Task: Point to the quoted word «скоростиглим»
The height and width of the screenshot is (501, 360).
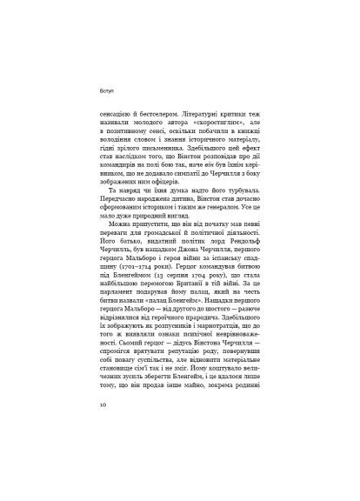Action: (x=227, y=124)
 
